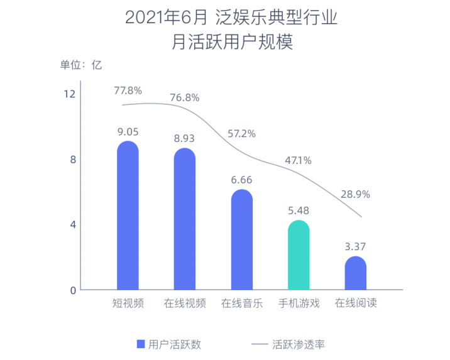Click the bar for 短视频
[x=128, y=217]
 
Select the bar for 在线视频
[x=185, y=220]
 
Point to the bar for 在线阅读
[x=356, y=274]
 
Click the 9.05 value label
[x=128, y=132]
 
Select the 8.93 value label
[x=185, y=138]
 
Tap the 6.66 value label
[x=242, y=180]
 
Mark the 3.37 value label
[x=356, y=246]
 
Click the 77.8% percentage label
[x=128, y=90]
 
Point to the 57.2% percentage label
[x=242, y=133]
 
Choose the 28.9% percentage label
[x=356, y=194]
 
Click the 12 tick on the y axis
[x=69, y=94]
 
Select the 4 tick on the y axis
[x=73, y=225]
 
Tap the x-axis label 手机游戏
[x=299, y=303]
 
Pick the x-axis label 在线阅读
[x=356, y=303]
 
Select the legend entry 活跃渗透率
[x=288, y=344]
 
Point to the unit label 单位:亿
[x=80, y=64]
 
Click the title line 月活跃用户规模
[x=232, y=43]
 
